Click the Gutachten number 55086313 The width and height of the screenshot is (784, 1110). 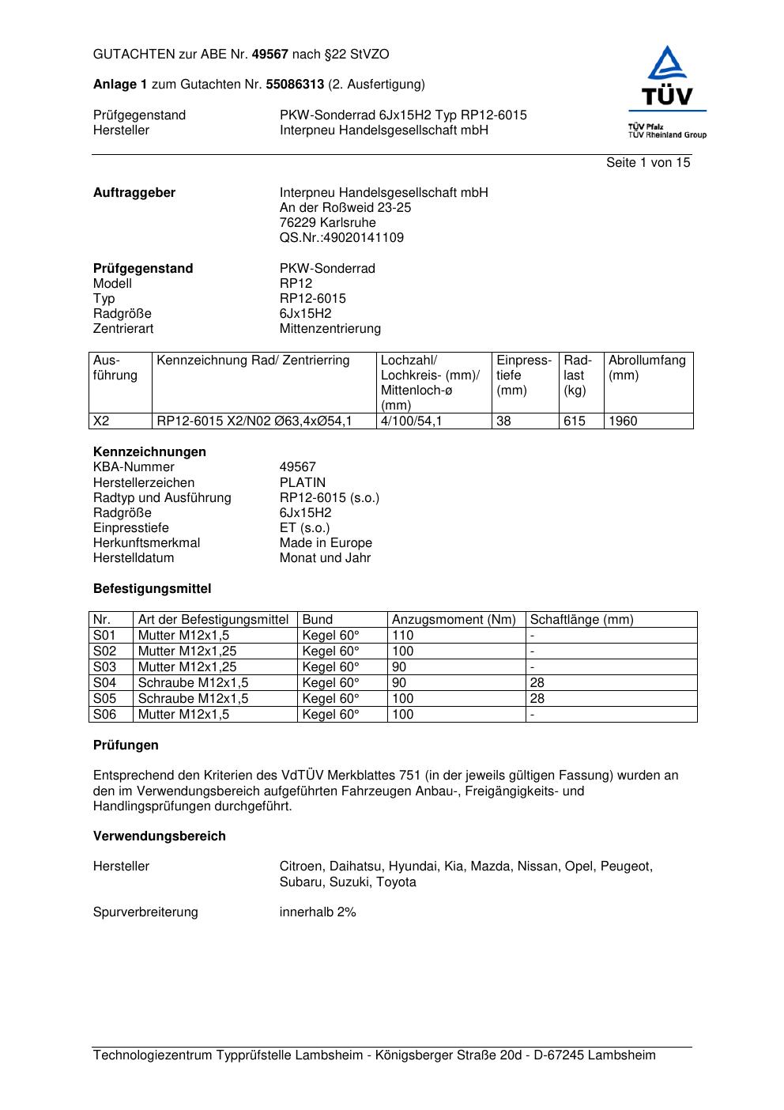click(295, 85)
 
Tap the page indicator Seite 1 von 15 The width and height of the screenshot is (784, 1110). click(647, 163)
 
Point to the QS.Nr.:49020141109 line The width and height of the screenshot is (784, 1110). click(341, 238)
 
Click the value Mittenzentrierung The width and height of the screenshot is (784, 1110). click(330, 329)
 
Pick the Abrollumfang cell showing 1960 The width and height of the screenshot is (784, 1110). click(623, 421)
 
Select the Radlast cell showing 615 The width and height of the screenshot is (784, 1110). click(574, 421)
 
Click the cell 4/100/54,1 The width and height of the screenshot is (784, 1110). click(411, 421)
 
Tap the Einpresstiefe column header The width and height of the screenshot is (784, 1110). click(523, 376)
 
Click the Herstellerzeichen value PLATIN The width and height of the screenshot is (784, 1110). click(302, 483)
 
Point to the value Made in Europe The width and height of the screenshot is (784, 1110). click(326, 543)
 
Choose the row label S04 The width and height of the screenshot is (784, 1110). click(104, 683)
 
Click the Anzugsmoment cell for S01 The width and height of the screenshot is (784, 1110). click(402, 636)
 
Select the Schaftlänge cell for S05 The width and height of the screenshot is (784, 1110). click(537, 699)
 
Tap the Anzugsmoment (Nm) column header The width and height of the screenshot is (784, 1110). click(454, 620)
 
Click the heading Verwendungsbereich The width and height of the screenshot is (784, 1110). click(159, 836)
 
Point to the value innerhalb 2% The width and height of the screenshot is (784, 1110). click(318, 912)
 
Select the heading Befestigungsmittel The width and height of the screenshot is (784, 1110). click(152, 589)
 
